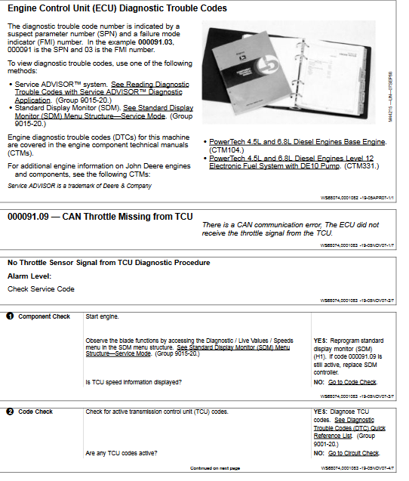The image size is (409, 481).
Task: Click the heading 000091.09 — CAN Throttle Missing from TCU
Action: pos(100,217)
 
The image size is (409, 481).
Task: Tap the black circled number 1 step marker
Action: pos(10,316)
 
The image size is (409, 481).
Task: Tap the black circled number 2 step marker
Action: pos(10,412)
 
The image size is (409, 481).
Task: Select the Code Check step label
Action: pos(35,412)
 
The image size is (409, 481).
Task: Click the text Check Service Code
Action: pos(41,288)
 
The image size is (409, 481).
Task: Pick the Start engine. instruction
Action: pos(102,316)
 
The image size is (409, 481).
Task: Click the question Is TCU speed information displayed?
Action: pos(134,382)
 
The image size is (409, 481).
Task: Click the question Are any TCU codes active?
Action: pos(121,453)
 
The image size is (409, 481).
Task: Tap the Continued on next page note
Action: pos(215,468)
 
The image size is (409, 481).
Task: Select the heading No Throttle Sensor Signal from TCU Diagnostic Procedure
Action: pos(109,263)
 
